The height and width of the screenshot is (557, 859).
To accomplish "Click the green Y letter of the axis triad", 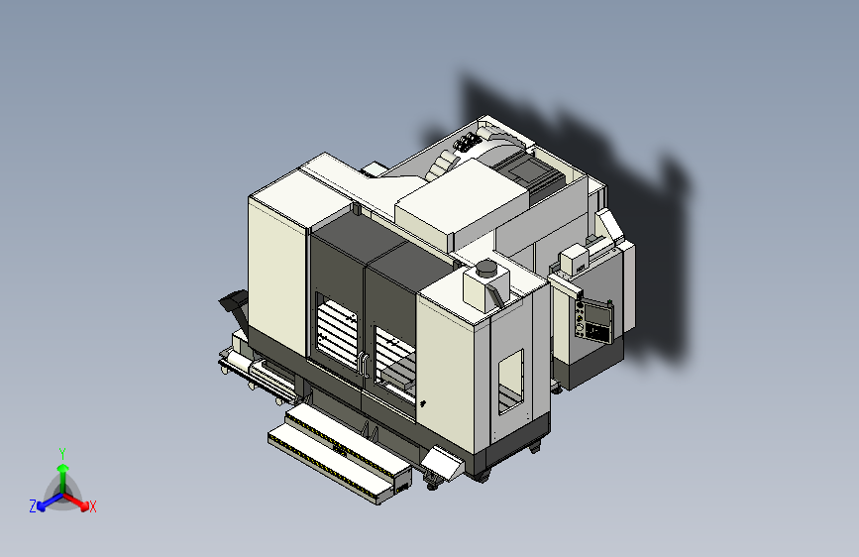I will click(x=61, y=451).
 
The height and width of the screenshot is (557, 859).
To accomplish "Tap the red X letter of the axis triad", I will click(x=93, y=506).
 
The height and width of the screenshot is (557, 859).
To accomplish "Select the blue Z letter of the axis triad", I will click(x=33, y=506).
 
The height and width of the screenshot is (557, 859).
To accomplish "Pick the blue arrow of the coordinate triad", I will click(x=46, y=501).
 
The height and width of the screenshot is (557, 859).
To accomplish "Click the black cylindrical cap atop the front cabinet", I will click(x=486, y=268).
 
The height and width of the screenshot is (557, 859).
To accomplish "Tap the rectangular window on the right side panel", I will click(x=510, y=381).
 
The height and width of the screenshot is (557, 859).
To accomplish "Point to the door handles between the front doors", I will click(x=364, y=365).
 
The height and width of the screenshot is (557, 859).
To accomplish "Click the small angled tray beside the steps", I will click(x=442, y=462).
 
